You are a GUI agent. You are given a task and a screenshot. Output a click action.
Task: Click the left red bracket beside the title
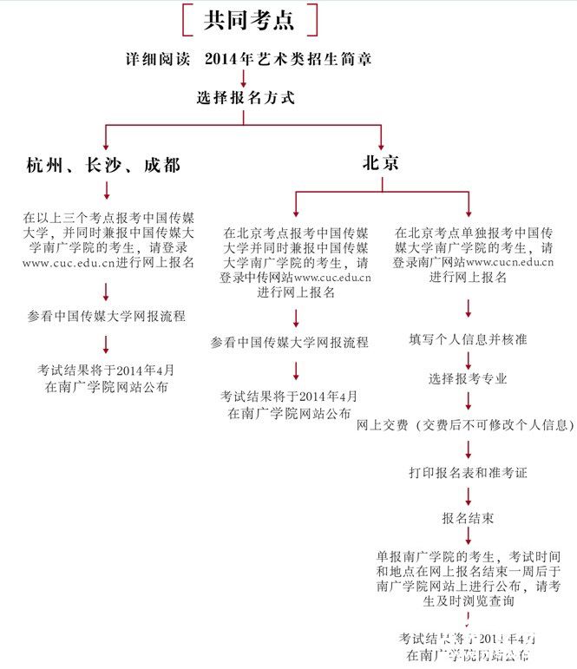(x=187, y=20)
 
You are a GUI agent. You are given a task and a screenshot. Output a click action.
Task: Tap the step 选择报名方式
(x=246, y=98)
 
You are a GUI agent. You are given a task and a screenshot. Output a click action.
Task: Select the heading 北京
(x=380, y=162)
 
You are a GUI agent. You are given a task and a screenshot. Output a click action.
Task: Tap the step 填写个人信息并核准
(x=469, y=339)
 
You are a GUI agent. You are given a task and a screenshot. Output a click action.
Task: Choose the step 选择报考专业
(x=468, y=379)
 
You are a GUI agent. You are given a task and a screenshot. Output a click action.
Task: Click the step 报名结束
(x=468, y=518)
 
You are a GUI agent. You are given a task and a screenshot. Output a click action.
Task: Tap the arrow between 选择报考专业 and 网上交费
(x=469, y=401)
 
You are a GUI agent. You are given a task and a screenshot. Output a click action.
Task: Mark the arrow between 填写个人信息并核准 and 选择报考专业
(x=469, y=358)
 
